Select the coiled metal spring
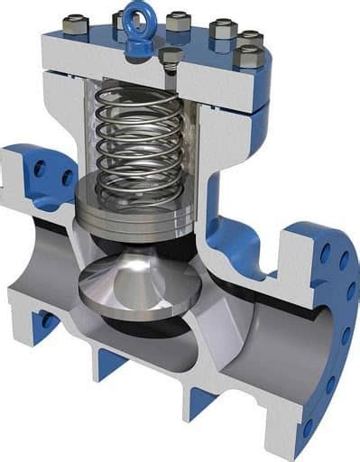pyautogui.click(x=135, y=144)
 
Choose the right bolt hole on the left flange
pyautogui.click(x=67, y=178)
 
